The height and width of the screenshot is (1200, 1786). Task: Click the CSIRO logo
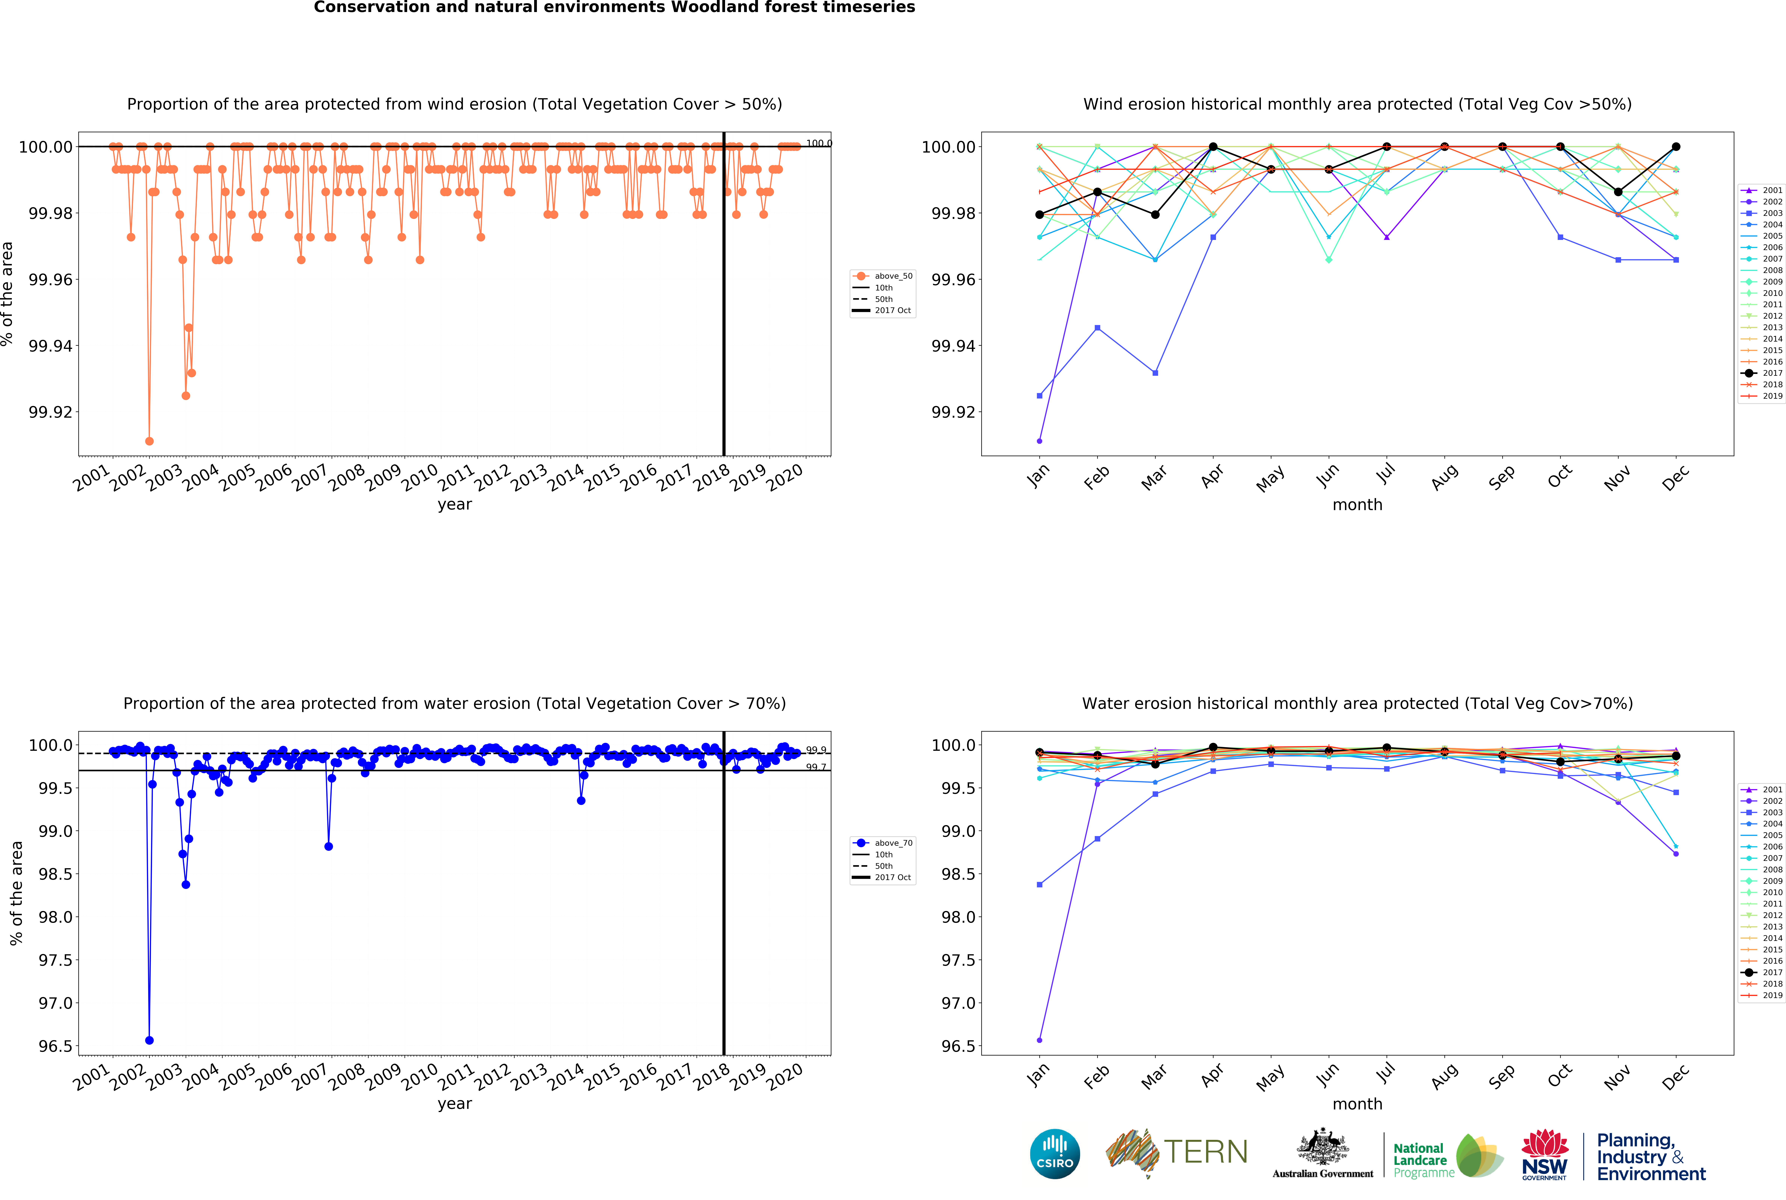[x=1054, y=1153]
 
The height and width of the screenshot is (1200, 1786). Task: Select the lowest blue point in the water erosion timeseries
[x=149, y=1040]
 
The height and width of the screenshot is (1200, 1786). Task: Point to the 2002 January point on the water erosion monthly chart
[x=1039, y=1040]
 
